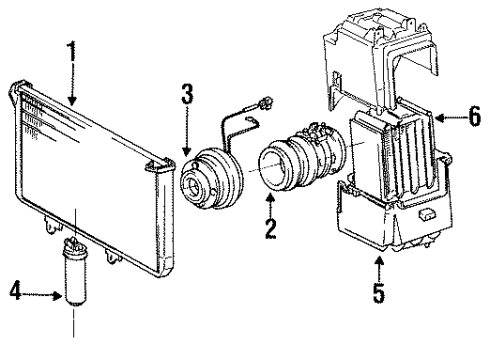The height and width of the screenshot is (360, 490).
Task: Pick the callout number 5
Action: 377,293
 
